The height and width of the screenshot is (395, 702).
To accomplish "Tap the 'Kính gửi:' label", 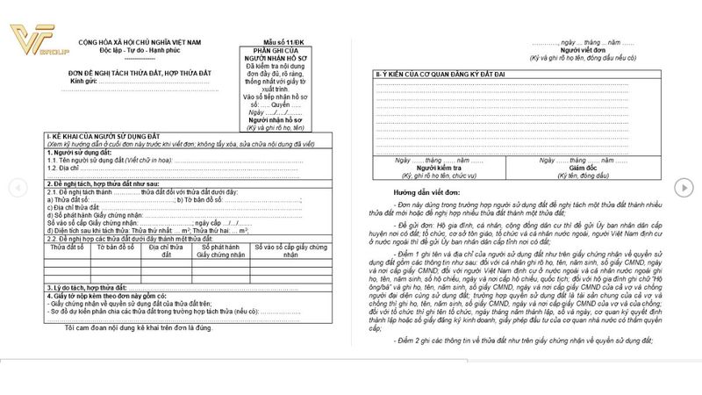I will (86, 80).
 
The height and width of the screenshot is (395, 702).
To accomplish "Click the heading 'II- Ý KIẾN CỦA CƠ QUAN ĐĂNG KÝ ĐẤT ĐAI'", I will (440, 73).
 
